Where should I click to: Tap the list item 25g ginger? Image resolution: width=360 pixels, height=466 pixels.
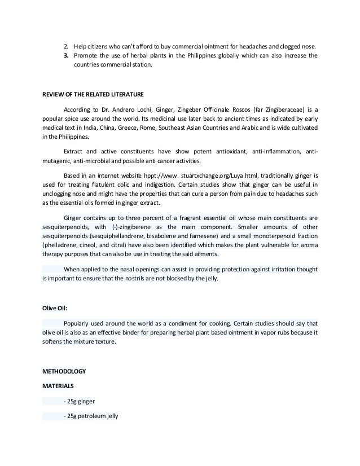(x=82, y=401)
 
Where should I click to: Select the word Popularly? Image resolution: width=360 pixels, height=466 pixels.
(x=80, y=323)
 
